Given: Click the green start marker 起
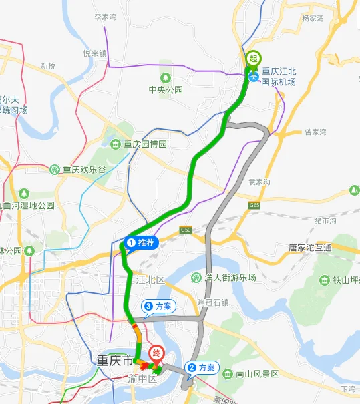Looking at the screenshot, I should pos(253,59).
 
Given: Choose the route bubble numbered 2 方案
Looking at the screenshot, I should pos(201,367).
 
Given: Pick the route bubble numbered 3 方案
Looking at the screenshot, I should pos(158,306).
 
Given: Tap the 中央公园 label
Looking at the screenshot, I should pos(166,89).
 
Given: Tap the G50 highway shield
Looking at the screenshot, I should pos(186,230).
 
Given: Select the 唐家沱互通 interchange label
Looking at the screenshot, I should pos(309,247).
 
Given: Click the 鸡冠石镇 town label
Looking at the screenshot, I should pos(213,302).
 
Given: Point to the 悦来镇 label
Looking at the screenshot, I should pos(95,53).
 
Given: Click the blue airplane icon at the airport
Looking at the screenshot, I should pos(253,77).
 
